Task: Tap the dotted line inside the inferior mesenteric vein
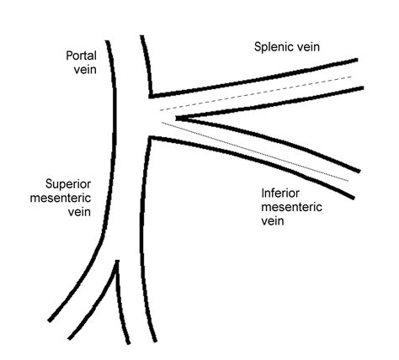pyautogui.click(x=253, y=151)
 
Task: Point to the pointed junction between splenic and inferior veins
pyautogui.click(x=176, y=118)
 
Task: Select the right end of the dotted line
pyautogui.click(x=348, y=180)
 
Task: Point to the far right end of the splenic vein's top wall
pyautogui.click(x=356, y=60)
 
